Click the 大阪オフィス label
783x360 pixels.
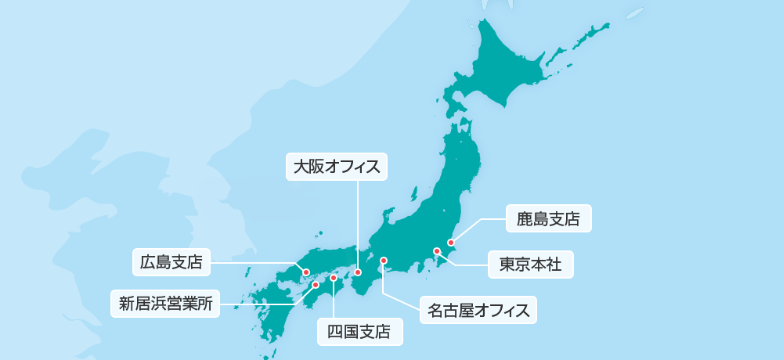(336, 166)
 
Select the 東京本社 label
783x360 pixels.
(530, 265)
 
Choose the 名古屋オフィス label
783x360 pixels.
(478, 310)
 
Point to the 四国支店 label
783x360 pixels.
(359, 331)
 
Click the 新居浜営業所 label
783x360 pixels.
(165, 303)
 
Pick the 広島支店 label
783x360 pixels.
(171, 262)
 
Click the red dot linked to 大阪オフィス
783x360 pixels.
(357, 272)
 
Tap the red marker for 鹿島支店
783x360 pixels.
(450, 243)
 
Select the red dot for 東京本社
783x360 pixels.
(436, 251)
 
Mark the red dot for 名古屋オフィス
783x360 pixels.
(384, 260)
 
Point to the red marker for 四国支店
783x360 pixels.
(334, 278)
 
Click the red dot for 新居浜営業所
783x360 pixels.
(316, 285)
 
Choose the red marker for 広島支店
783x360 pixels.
(306, 272)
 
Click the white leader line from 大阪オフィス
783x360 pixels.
(357, 227)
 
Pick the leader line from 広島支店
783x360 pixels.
(251, 263)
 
